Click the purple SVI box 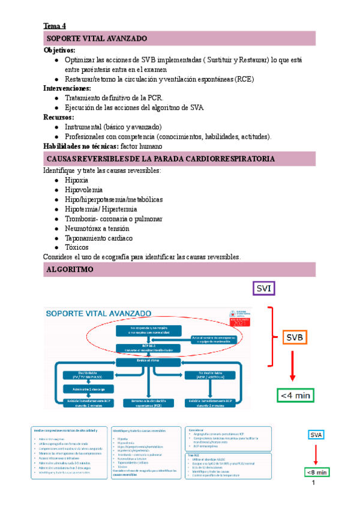pyautogui.click(x=264, y=289)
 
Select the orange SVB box pyautogui.click(x=294, y=339)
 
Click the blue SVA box pyautogui.click(x=316, y=435)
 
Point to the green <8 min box pyautogui.click(x=317, y=472)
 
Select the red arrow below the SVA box pyautogui.click(x=316, y=453)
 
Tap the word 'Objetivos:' pyautogui.click(x=59, y=50)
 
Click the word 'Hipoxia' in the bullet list pyautogui.click(x=77, y=180)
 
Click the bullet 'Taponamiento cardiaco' pyautogui.click(x=98, y=238)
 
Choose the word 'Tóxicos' pyautogui.click(x=77, y=247)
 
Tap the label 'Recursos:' pyautogui.click(x=59, y=117)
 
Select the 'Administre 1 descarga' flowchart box pyautogui.click(x=86, y=389)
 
